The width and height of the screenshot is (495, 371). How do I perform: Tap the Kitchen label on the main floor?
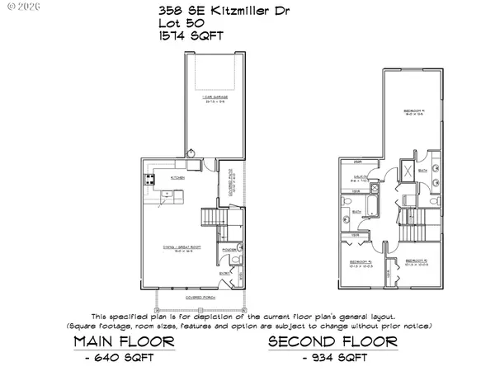click(177, 177)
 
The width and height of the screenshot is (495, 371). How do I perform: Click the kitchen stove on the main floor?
click(152, 177)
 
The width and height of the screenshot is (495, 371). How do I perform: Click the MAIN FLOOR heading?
click(123, 341)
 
